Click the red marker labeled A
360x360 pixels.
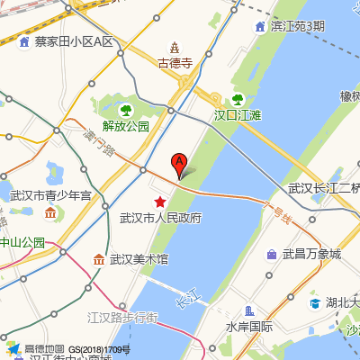(x=179, y=165)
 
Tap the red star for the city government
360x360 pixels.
(x=160, y=202)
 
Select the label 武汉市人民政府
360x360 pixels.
(x=161, y=218)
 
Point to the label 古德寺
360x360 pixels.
(x=175, y=64)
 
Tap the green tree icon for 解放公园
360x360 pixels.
(x=126, y=111)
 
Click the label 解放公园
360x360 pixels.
(x=126, y=126)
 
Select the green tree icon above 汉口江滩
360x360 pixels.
(x=238, y=100)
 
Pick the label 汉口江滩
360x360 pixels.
(x=238, y=115)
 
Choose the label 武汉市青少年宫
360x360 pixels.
(x=50, y=195)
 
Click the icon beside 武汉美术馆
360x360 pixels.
(x=98, y=259)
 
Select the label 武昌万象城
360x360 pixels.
(x=311, y=255)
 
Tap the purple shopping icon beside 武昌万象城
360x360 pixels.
(x=271, y=255)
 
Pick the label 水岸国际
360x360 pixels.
(x=249, y=327)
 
